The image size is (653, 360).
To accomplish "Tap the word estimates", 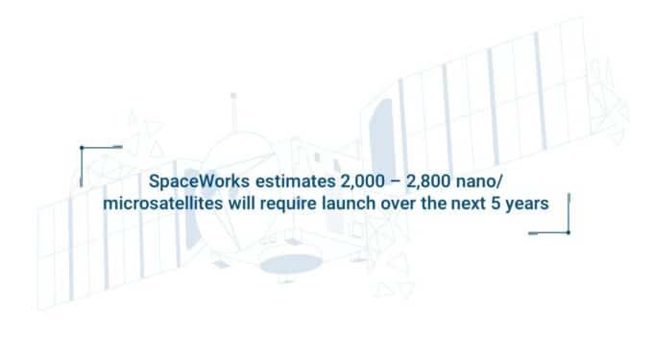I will coord(284,182).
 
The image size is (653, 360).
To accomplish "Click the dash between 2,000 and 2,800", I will coord(384,182).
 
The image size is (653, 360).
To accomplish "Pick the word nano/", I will coord(476,182).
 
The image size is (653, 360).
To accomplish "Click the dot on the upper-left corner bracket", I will coord(82,147).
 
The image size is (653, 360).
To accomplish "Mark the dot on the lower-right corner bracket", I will coord(568,232).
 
